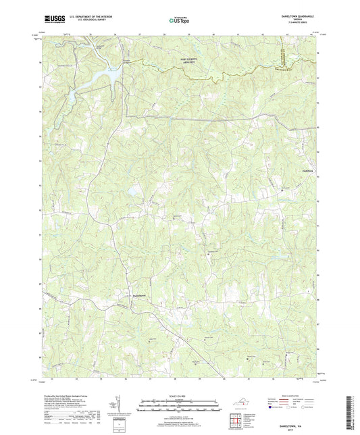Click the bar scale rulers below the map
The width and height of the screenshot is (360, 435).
(x=179, y=407)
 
